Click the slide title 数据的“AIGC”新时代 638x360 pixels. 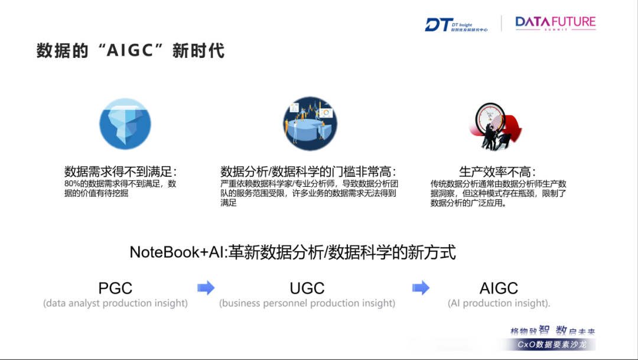click(x=130, y=50)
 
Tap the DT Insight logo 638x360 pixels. click(x=455, y=24)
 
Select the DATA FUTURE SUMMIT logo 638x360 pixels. click(x=555, y=23)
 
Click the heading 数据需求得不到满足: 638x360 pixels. click(x=121, y=172)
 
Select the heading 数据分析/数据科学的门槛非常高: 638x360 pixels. click(x=308, y=172)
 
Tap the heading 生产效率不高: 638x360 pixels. click(x=497, y=172)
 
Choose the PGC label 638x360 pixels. click(x=115, y=288)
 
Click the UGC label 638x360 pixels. click(x=307, y=288)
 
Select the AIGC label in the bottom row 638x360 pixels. click(x=499, y=288)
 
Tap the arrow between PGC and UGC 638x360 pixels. click(x=206, y=288)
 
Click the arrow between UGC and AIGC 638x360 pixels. click(x=421, y=288)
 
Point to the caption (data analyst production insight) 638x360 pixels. click(x=115, y=303)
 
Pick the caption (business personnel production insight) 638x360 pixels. click(x=307, y=303)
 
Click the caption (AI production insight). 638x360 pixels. click(x=499, y=303)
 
